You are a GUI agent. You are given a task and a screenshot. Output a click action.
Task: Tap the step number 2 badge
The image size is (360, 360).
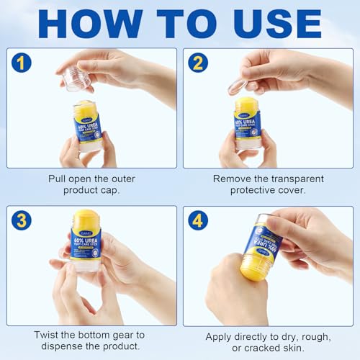coord(198,63)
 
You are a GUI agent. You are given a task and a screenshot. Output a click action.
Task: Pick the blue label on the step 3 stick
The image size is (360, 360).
coord(86,242)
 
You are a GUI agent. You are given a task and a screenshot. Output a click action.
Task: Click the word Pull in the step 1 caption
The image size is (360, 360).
coord(59,179)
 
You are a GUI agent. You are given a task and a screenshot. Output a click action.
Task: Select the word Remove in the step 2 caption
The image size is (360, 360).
coord(232,179)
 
